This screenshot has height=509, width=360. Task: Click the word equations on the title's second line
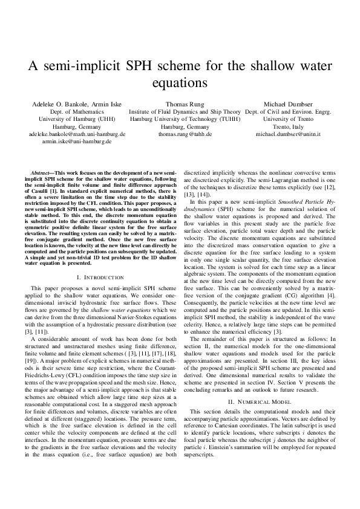point(179,81)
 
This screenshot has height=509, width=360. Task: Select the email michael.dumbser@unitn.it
point(288,134)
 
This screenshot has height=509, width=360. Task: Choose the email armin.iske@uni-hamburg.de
point(76,141)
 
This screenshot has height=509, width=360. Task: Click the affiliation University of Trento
point(288,119)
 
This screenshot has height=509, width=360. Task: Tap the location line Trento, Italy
point(288,127)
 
